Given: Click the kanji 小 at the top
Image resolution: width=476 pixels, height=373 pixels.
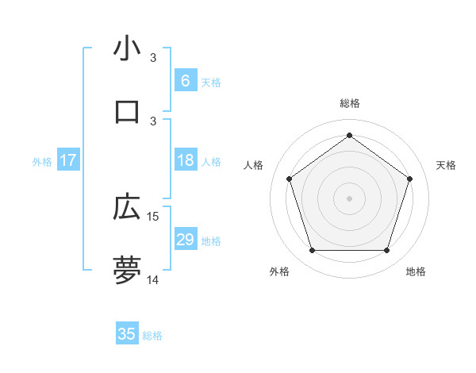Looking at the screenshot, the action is [127, 48].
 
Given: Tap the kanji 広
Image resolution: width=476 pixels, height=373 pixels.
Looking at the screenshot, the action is [127, 207].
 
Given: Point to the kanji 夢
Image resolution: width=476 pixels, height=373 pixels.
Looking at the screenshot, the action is [127, 270].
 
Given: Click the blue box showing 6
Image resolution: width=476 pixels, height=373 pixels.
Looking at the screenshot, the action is [185, 81].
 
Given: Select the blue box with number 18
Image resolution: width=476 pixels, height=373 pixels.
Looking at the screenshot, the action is [185, 160].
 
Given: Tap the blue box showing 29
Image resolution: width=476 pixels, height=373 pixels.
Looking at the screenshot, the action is [185, 240].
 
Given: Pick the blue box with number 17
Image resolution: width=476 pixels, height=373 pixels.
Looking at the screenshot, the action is [67, 160].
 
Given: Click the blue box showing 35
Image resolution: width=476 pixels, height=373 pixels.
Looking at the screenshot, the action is [127, 334].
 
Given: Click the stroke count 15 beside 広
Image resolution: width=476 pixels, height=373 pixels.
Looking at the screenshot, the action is [153, 217].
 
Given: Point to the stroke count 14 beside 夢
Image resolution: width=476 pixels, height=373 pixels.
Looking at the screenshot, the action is [153, 279].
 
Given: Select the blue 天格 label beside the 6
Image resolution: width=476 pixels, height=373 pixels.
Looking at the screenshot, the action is [211, 83].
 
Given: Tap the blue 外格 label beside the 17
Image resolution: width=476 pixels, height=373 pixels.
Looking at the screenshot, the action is [42, 162].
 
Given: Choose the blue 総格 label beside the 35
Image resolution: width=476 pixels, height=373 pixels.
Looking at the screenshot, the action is [152, 336].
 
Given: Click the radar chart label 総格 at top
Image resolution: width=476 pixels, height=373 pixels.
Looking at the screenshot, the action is [349, 103].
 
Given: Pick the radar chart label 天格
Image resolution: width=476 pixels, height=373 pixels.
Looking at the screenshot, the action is [446, 165].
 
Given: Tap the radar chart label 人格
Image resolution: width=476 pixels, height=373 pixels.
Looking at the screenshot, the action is [253, 165].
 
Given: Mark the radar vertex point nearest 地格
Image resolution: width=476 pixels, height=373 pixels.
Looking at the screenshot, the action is [386, 251].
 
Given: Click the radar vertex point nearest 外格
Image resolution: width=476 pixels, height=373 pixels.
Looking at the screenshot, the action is [312, 251].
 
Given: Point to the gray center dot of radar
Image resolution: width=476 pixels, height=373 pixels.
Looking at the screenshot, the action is [349, 198].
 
